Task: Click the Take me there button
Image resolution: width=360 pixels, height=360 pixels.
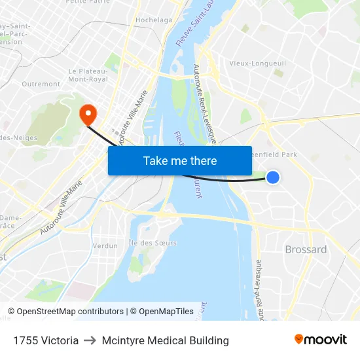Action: pyautogui.click(x=180, y=160)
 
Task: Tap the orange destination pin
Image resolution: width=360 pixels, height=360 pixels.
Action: pyautogui.click(x=87, y=115)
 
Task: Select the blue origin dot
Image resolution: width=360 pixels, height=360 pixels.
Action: pyautogui.click(x=273, y=177)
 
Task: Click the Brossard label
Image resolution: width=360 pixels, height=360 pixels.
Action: pyautogui.click(x=306, y=249)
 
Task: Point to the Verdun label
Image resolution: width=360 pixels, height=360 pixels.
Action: pyautogui.click(x=105, y=245)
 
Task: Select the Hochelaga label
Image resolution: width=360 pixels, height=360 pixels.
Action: pyautogui.click(x=154, y=20)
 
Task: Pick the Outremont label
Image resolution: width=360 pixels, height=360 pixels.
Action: pyautogui.click(x=41, y=84)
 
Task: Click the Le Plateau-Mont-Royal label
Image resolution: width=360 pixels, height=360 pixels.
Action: pyautogui.click(x=88, y=75)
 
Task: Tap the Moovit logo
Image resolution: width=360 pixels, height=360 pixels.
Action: pyautogui.click(x=321, y=340)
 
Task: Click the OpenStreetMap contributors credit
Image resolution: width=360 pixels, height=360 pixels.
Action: pyautogui.click(x=66, y=312)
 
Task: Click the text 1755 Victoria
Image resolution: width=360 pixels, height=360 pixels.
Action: pyautogui.click(x=46, y=340)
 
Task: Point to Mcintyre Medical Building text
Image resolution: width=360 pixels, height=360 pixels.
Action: pyautogui.click(x=166, y=340)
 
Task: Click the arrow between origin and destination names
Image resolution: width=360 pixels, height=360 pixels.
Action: pyautogui.click(x=90, y=340)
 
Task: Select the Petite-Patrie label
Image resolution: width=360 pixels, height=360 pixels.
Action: pyautogui.click(x=87, y=2)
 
